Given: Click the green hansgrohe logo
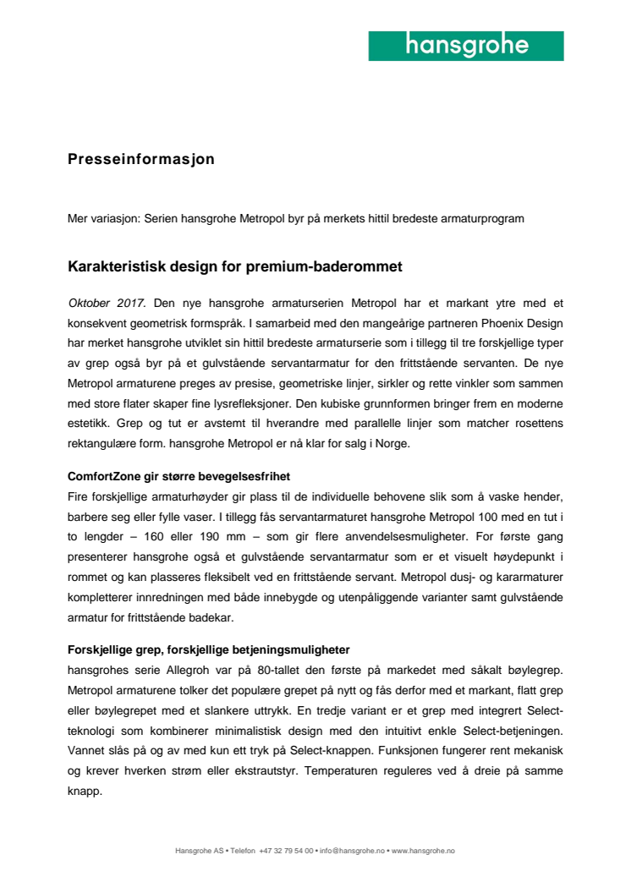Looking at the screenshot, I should (x=466, y=46).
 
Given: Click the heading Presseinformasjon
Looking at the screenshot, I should (x=141, y=159).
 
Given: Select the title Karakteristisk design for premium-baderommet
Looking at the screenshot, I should (x=234, y=267).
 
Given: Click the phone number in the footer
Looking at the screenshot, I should (x=287, y=851).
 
